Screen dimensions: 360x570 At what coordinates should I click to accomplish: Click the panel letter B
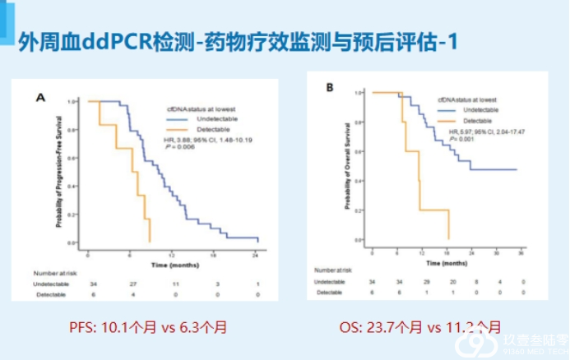(330, 87)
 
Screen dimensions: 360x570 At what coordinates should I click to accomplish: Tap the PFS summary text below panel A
(148, 327)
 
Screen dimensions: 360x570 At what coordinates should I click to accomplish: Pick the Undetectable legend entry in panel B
(480, 109)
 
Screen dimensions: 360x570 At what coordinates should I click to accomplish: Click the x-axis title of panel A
(173, 265)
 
